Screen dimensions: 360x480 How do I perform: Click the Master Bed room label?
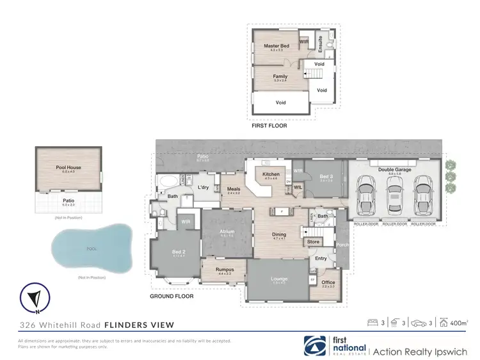pos(277,46)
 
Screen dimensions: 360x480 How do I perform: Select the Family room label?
pos(280,76)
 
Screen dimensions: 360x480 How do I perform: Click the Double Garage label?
pos(394,169)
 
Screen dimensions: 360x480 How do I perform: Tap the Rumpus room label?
pos(224,269)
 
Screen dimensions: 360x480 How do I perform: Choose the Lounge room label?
pos(279,279)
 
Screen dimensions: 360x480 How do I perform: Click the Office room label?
pos(328,282)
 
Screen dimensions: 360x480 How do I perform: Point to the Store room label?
pos(313,241)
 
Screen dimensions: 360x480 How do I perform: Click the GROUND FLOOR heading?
pos(172,297)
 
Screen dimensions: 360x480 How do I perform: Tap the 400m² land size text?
pos(459,323)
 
